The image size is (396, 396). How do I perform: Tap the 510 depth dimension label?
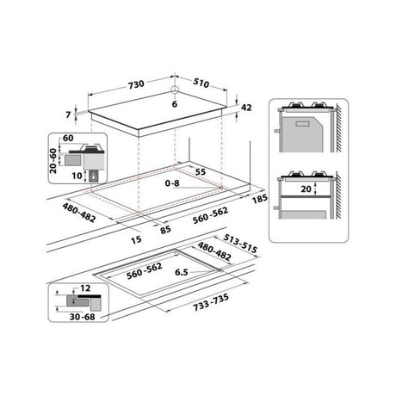click(x=201, y=85)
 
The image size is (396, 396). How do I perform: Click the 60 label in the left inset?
click(x=68, y=138)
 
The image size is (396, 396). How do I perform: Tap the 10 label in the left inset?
click(x=77, y=176)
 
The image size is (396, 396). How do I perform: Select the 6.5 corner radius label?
click(x=180, y=272)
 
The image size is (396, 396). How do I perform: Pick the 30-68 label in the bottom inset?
click(x=71, y=315)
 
